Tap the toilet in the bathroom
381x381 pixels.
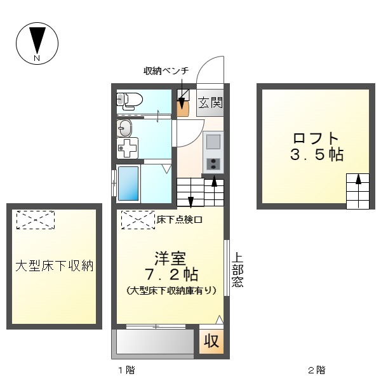point(131,100)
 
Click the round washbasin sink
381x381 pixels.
point(124,129)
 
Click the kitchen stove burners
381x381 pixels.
point(213,163)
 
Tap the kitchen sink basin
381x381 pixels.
point(213,141)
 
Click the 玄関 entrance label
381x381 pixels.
point(210,103)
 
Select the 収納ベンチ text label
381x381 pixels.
point(167,70)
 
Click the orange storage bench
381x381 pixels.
point(183,105)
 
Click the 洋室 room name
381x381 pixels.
point(170,258)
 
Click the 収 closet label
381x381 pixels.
point(211,341)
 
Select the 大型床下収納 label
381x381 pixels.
point(55,265)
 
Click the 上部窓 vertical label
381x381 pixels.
point(237,271)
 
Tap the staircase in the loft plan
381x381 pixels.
point(358,190)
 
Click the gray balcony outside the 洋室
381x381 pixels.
point(154,344)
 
